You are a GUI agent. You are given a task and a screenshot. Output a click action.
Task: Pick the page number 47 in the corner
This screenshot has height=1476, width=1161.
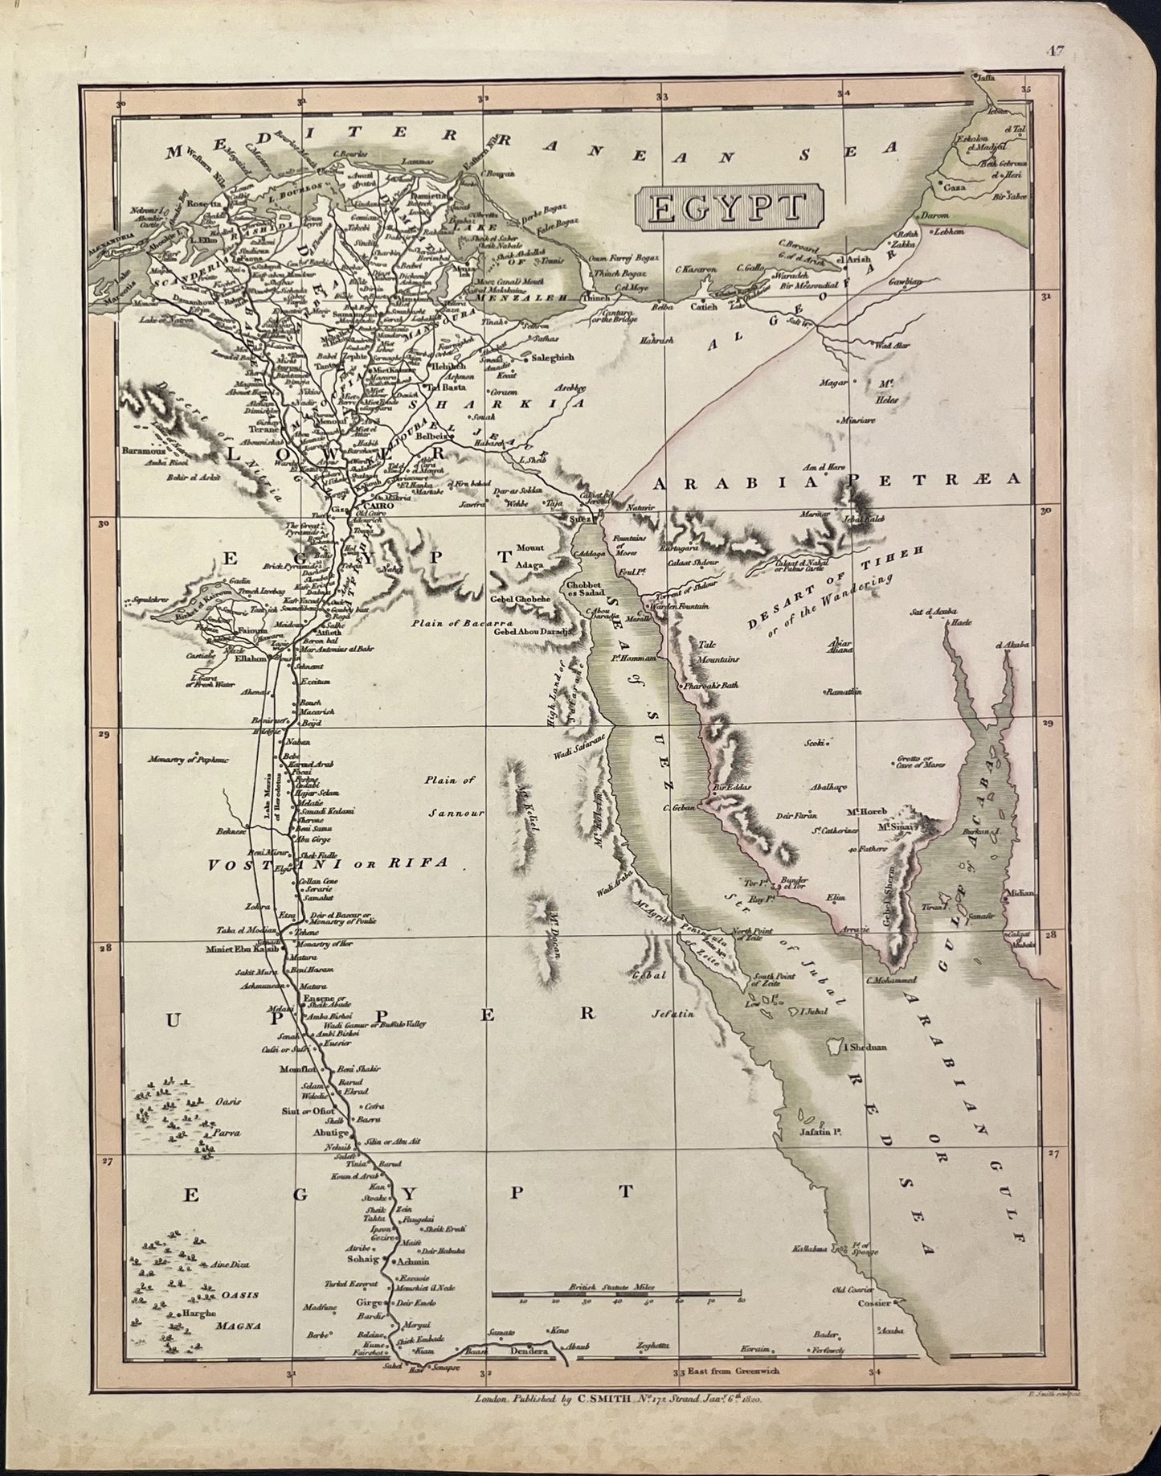1055,52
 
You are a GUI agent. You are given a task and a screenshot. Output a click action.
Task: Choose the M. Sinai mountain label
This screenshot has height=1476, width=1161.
894,826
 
